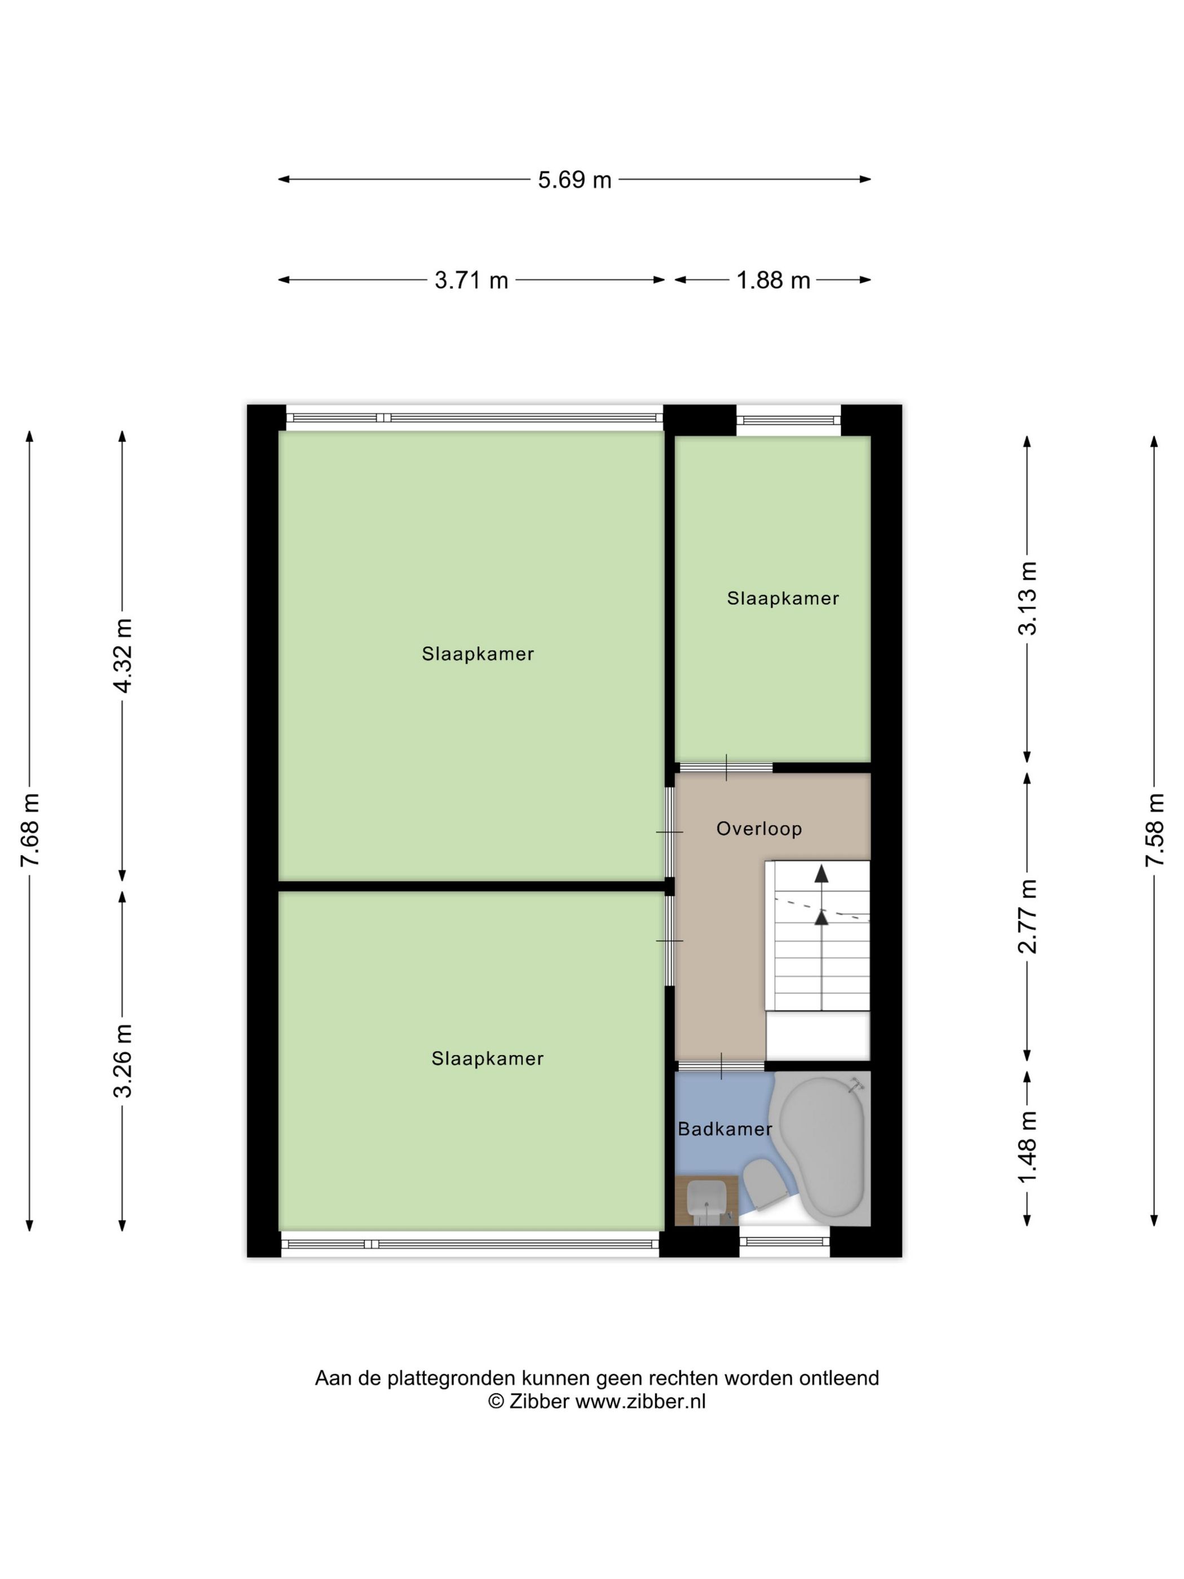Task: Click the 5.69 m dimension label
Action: pyautogui.click(x=575, y=180)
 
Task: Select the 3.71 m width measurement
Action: pyautogui.click(x=471, y=280)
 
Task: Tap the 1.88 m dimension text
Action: pyautogui.click(x=773, y=280)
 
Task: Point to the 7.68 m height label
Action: pyautogui.click(x=30, y=830)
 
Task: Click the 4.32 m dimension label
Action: pyautogui.click(x=123, y=655)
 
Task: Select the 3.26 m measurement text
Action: pyautogui.click(x=123, y=1061)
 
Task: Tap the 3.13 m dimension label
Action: pyautogui.click(x=1028, y=598)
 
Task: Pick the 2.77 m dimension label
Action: pyautogui.click(x=1028, y=916)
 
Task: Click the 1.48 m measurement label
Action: pyautogui.click(x=1028, y=1146)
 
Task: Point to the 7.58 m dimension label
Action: pyautogui.click(x=1154, y=830)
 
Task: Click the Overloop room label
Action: pyautogui.click(x=759, y=829)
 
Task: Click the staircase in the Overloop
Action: pyautogui.click(x=821, y=935)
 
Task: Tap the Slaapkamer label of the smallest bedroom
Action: pyautogui.click(x=782, y=598)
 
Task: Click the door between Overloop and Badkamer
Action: pyautogui.click(x=721, y=1066)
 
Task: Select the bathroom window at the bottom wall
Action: pyautogui.click(x=784, y=1242)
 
